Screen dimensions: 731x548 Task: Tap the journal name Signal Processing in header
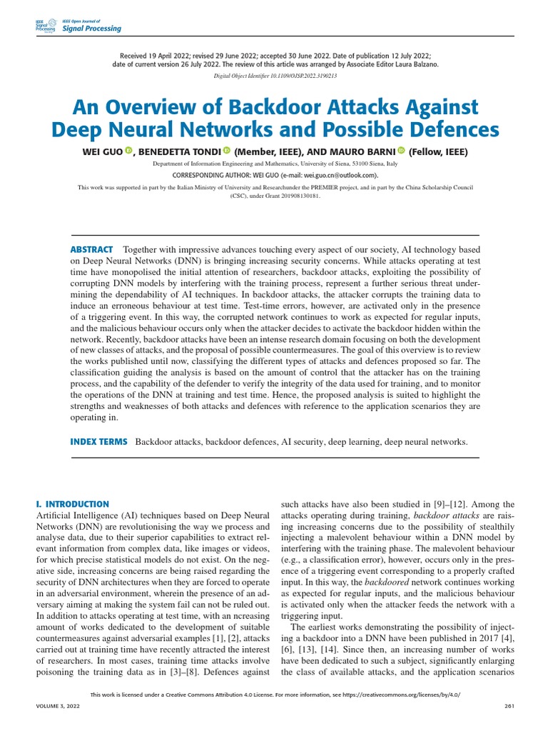(x=92, y=29)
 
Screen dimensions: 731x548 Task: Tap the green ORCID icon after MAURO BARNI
(x=401, y=151)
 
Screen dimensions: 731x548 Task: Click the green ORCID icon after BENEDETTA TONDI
(x=226, y=151)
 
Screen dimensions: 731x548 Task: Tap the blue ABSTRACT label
(x=91, y=249)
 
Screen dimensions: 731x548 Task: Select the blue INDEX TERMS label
(x=98, y=442)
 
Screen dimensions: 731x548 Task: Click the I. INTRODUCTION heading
(x=72, y=504)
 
